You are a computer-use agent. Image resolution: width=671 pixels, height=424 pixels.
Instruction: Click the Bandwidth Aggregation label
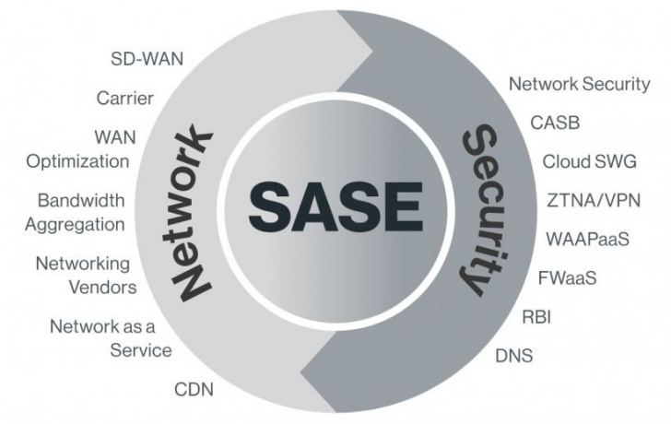[81, 211]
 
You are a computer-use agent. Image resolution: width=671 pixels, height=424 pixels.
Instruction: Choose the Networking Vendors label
[87, 275]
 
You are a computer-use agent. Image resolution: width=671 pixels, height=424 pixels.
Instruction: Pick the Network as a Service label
[111, 337]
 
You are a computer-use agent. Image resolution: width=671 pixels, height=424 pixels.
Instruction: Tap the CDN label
[194, 388]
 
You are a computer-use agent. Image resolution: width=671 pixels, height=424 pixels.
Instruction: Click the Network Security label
[580, 84]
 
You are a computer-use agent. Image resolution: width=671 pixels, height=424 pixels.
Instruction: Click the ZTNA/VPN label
[594, 199]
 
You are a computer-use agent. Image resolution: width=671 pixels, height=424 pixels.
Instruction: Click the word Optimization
[77, 161]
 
